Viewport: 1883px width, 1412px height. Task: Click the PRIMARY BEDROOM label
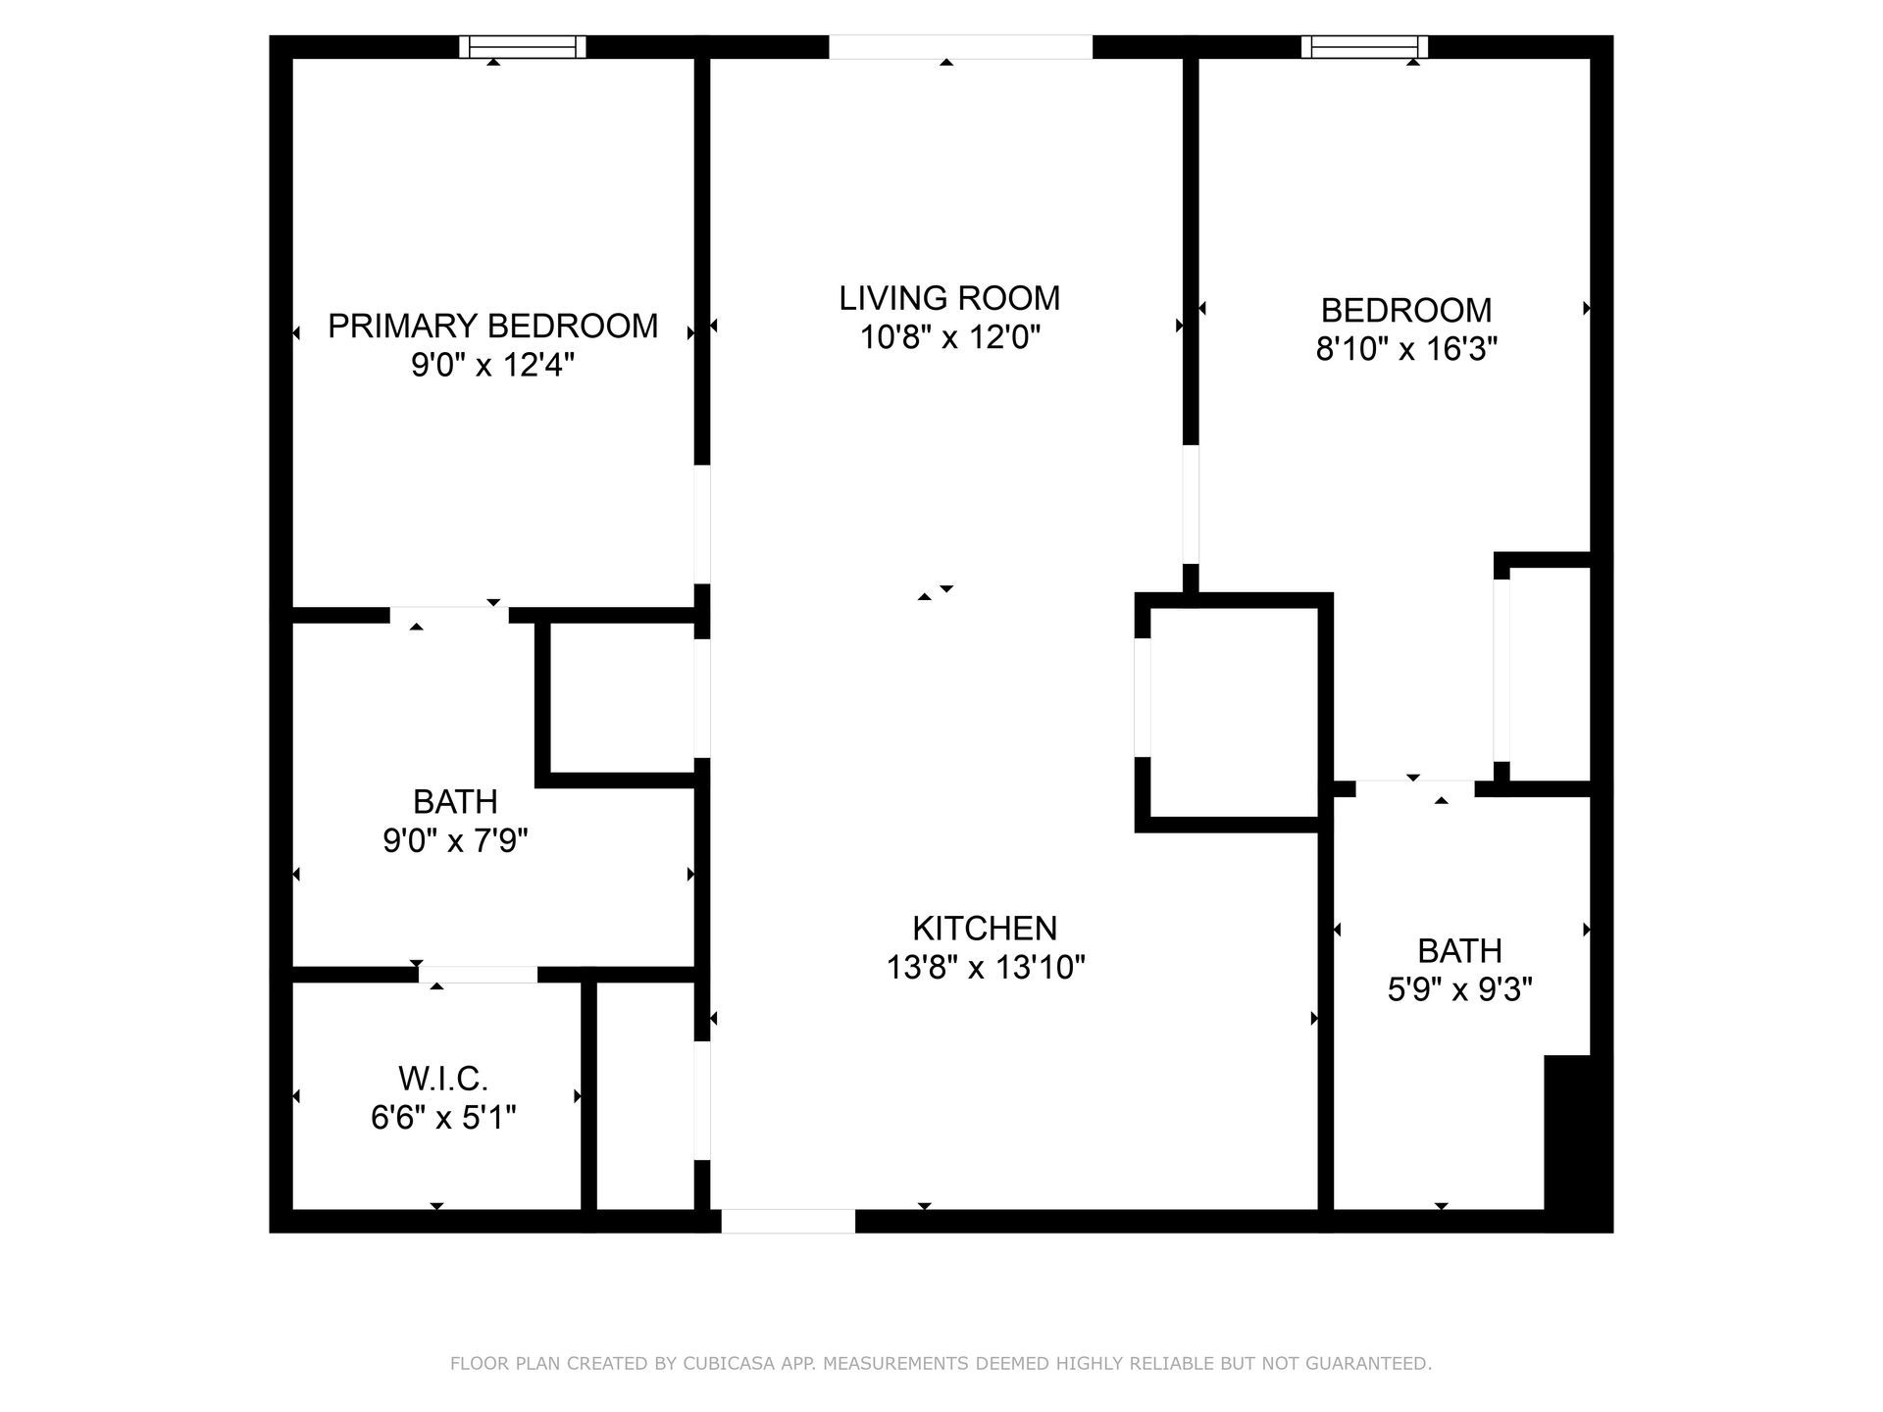[x=492, y=327]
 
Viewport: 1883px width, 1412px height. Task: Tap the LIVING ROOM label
[x=949, y=298]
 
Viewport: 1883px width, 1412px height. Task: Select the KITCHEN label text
[x=985, y=929]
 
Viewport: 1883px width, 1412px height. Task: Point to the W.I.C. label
[x=443, y=1080]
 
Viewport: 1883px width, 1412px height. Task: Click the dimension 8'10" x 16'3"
[x=1406, y=349]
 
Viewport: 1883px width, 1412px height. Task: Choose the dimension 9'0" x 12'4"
[x=492, y=366]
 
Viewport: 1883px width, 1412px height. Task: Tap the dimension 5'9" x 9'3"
[x=1459, y=990]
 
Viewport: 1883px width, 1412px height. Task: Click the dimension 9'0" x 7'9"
[x=455, y=841]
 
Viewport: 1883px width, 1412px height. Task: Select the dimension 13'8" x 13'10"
[x=985, y=969]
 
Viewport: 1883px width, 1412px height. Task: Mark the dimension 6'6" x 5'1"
[x=443, y=1118]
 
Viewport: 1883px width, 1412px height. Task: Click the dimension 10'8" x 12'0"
[x=949, y=338]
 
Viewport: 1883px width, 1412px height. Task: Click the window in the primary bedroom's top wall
[x=523, y=46]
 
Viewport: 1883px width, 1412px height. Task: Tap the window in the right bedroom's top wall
[x=1364, y=46]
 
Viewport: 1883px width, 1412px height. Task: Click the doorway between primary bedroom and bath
[x=449, y=616]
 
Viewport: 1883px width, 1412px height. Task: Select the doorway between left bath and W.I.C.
[x=478, y=975]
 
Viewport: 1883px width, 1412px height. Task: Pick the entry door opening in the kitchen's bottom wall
[x=789, y=1221]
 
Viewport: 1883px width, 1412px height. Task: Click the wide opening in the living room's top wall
[x=960, y=46]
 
